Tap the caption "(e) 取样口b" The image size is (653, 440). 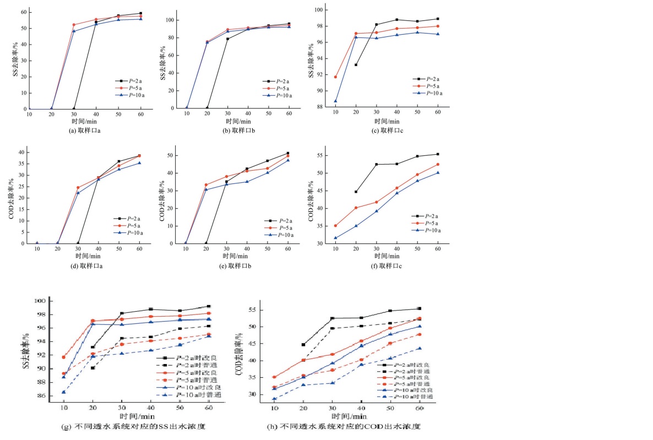click(237, 265)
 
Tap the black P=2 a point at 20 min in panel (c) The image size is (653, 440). click(356, 65)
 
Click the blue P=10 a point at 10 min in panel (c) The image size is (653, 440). click(335, 101)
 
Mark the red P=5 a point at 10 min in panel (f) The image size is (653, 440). click(335, 226)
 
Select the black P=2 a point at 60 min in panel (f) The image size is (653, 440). click(438, 154)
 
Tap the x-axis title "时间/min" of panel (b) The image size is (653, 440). click(237, 121)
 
